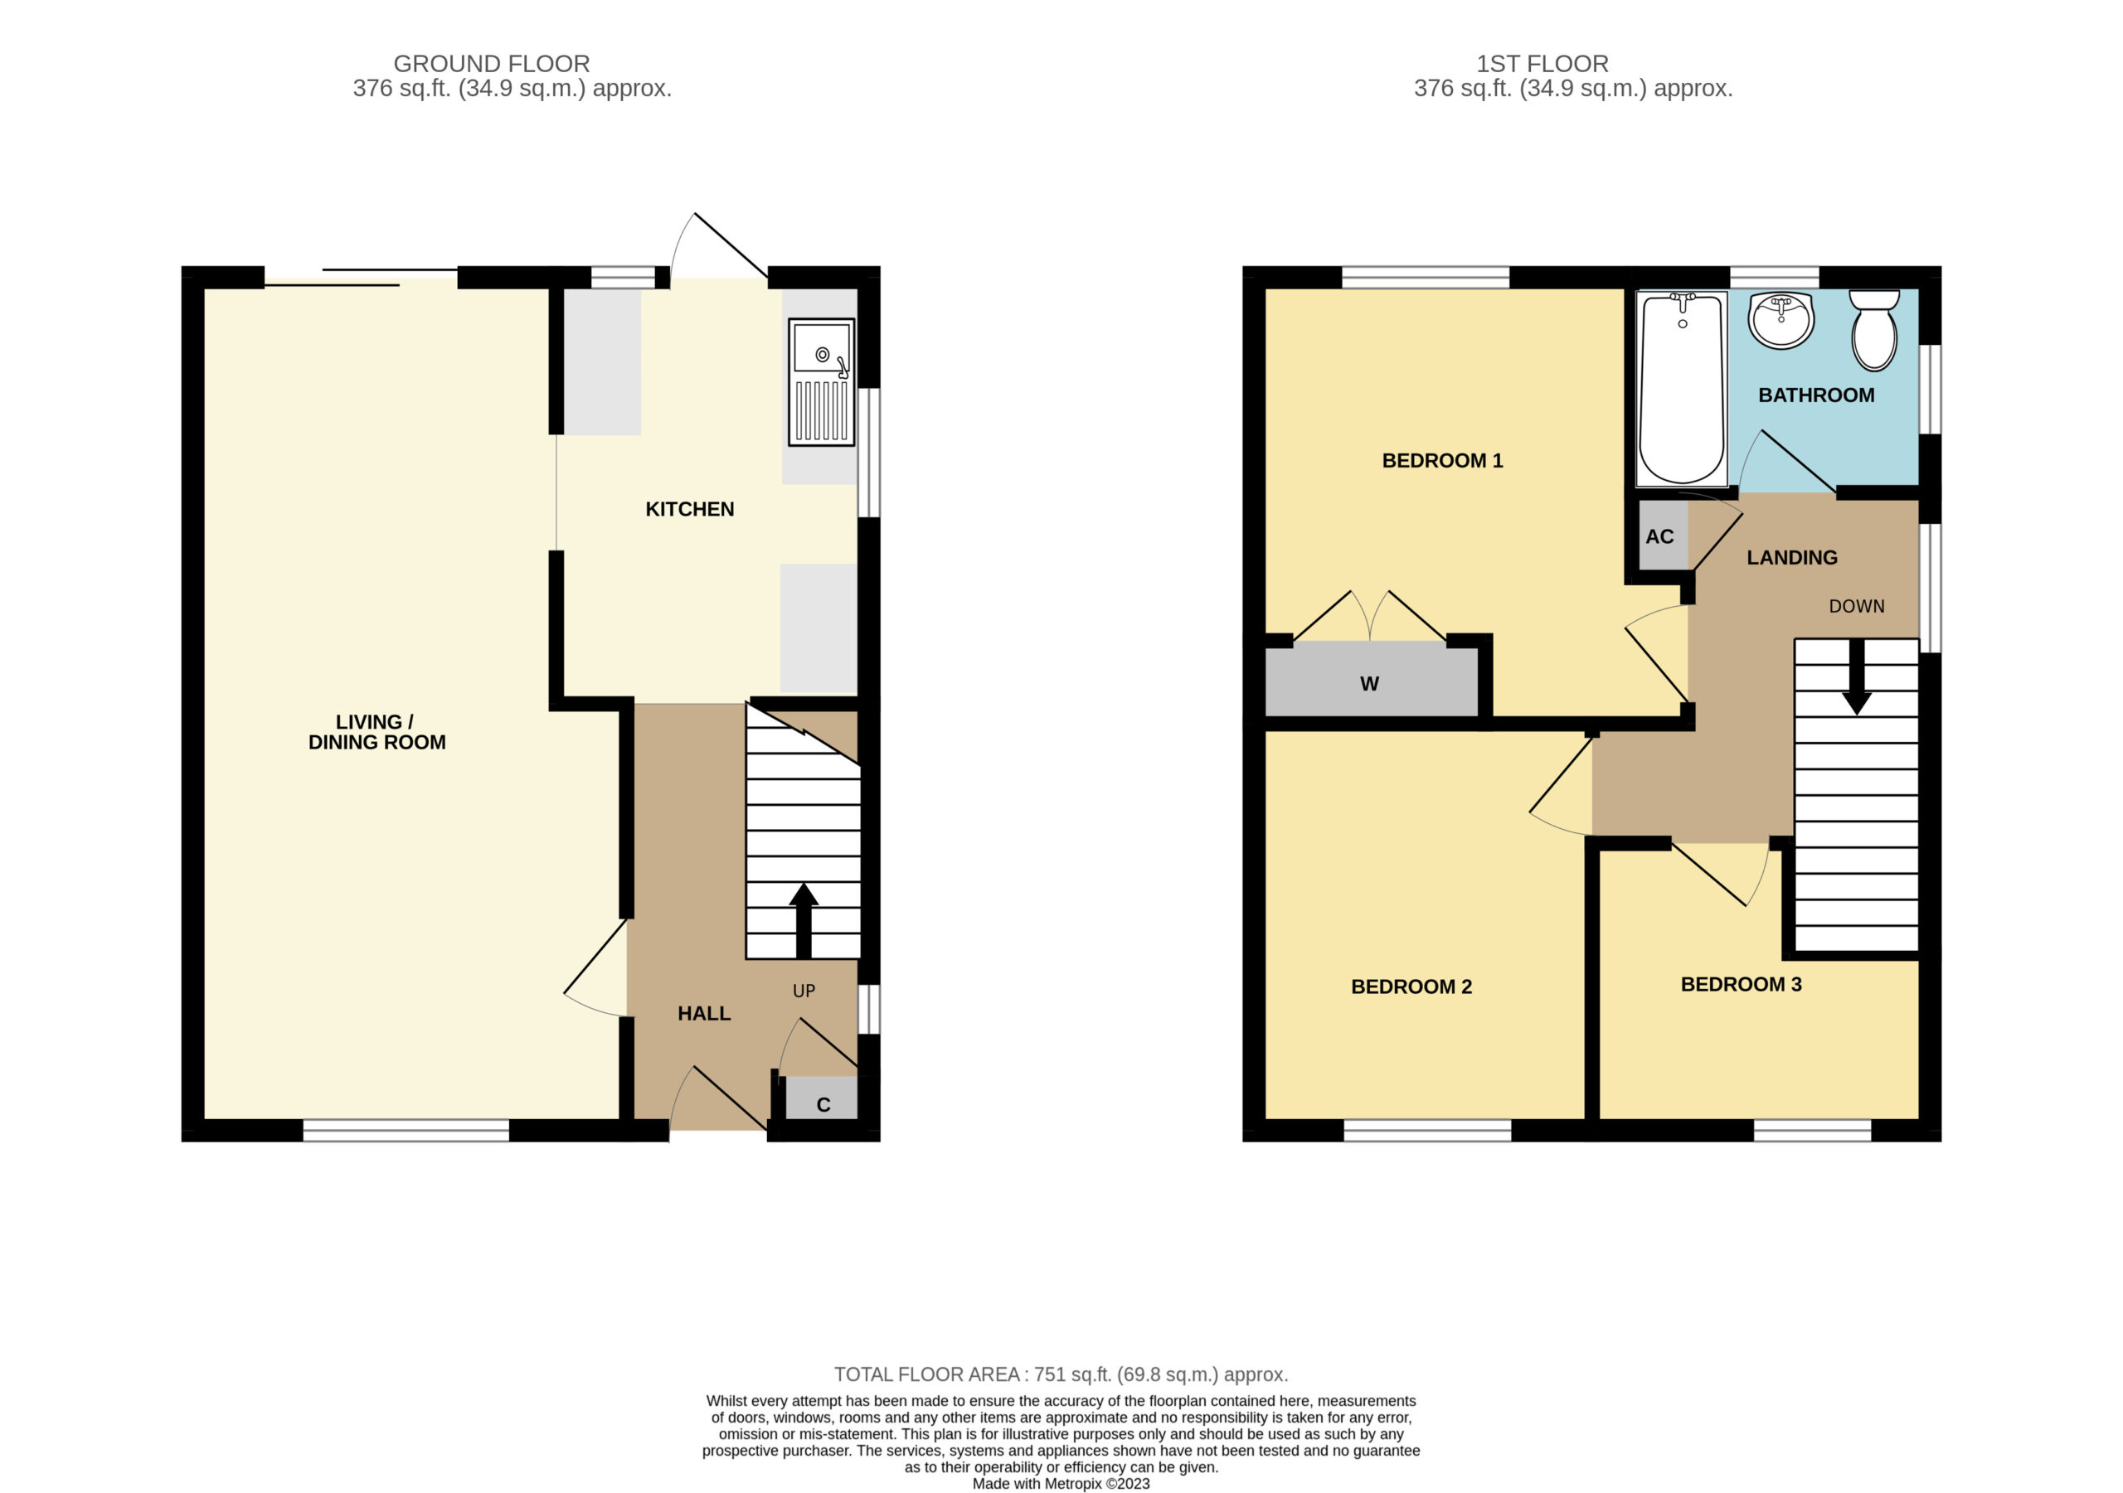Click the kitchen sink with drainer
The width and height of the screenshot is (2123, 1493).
[x=820, y=383]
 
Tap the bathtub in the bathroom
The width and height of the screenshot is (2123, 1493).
[x=1681, y=388]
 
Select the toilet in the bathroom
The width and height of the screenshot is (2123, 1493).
[x=1873, y=329]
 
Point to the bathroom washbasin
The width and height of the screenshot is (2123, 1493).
[x=1781, y=320]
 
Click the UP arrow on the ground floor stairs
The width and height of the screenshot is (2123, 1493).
[x=804, y=920]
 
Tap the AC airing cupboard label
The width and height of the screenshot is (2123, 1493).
[x=1659, y=537]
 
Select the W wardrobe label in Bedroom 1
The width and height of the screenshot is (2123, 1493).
[x=1369, y=684]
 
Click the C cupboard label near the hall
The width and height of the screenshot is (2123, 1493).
[x=823, y=1105]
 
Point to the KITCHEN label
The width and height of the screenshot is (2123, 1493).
[x=690, y=509]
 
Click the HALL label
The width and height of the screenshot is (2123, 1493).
[x=704, y=1013]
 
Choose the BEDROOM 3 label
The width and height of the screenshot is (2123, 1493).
[x=1742, y=984]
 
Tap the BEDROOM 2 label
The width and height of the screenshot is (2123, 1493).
[x=1411, y=986]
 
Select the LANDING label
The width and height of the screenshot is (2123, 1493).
[x=1791, y=557]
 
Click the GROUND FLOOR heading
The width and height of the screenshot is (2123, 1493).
[x=491, y=64]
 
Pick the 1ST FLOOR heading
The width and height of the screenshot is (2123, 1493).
[x=1542, y=64]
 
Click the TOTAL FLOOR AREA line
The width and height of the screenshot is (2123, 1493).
[x=1061, y=1374]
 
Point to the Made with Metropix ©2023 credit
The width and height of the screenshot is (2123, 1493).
[x=1061, y=1484]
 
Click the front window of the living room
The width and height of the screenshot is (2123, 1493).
[x=406, y=1130]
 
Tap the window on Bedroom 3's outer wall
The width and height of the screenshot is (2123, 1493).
[x=1812, y=1130]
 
